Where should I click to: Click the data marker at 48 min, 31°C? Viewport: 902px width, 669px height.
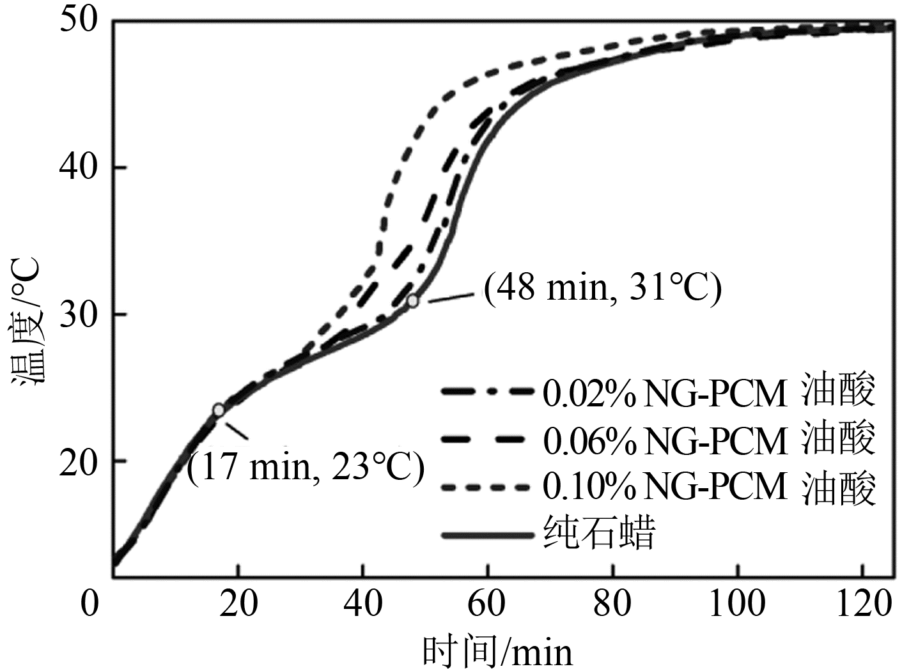coord(413,300)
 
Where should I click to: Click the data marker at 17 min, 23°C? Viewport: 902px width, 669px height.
coord(219,410)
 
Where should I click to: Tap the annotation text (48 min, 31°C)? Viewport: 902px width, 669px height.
coord(602,288)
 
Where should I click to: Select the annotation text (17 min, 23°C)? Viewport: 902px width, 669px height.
coord(306,468)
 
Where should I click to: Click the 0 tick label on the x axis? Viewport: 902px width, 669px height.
coord(90,603)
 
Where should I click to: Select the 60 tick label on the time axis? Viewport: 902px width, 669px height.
coord(488,603)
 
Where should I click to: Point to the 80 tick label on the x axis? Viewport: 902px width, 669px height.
coord(612,603)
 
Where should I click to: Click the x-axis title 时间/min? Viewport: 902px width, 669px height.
coord(497,652)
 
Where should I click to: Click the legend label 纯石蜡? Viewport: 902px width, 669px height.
coord(599,534)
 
